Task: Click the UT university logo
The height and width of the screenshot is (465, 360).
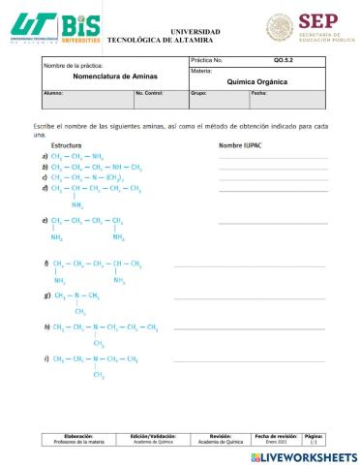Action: point(33,25)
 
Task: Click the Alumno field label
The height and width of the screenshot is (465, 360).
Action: point(54,93)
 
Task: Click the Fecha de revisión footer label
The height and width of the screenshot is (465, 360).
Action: point(276,436)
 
